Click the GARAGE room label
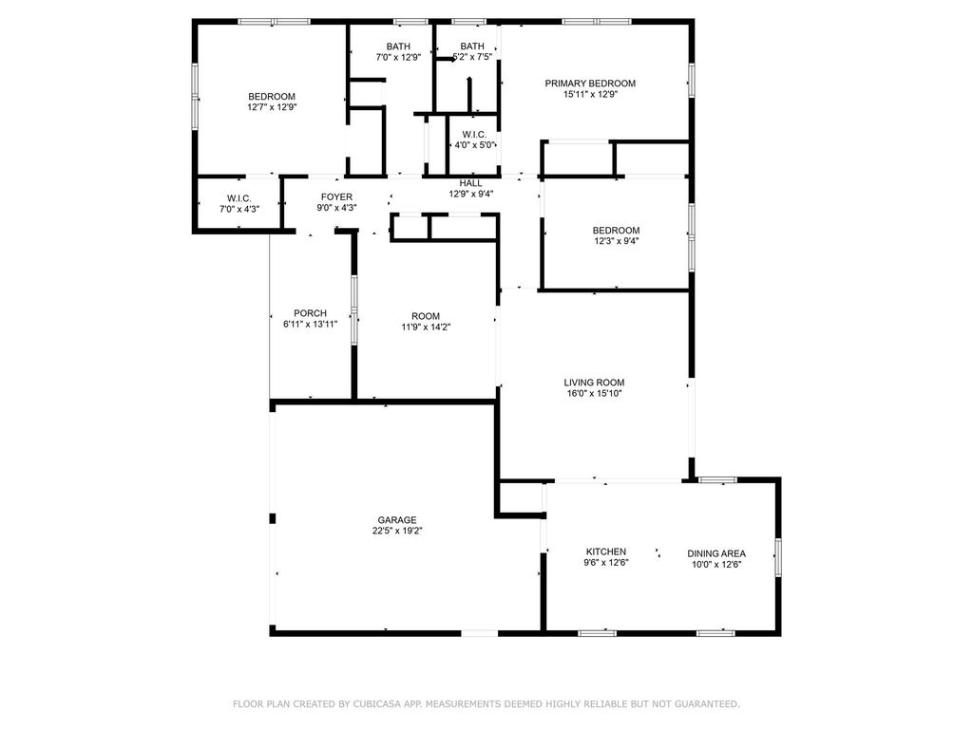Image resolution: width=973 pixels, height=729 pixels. [x=397, y=520]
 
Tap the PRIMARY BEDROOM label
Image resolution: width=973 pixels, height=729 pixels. [x=590, y=84]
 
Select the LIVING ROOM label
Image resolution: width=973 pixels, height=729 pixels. [x=594, y=383]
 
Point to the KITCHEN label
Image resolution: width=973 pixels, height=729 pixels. [x=606, y=551]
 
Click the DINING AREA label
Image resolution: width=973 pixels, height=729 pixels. [x=716, y=553]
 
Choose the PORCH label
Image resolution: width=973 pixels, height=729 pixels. [x=311, y=313]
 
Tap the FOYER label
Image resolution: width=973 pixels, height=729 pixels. [x=337, y=197]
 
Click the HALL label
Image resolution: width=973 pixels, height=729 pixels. [x=471, y=183]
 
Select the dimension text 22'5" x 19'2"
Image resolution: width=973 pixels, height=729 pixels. [x=397, y=531]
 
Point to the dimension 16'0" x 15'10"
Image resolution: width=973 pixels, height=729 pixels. [x=594, y=393]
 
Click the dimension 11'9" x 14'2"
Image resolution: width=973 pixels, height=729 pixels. [x=426, y=327]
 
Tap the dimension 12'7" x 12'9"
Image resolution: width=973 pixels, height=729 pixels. [x=272, y=107]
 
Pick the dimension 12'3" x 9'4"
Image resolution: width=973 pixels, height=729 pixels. [x=616, y=241]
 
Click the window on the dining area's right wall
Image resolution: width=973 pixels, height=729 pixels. [x=778, y=558]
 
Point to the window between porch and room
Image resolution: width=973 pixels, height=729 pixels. [x=354, y=310]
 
